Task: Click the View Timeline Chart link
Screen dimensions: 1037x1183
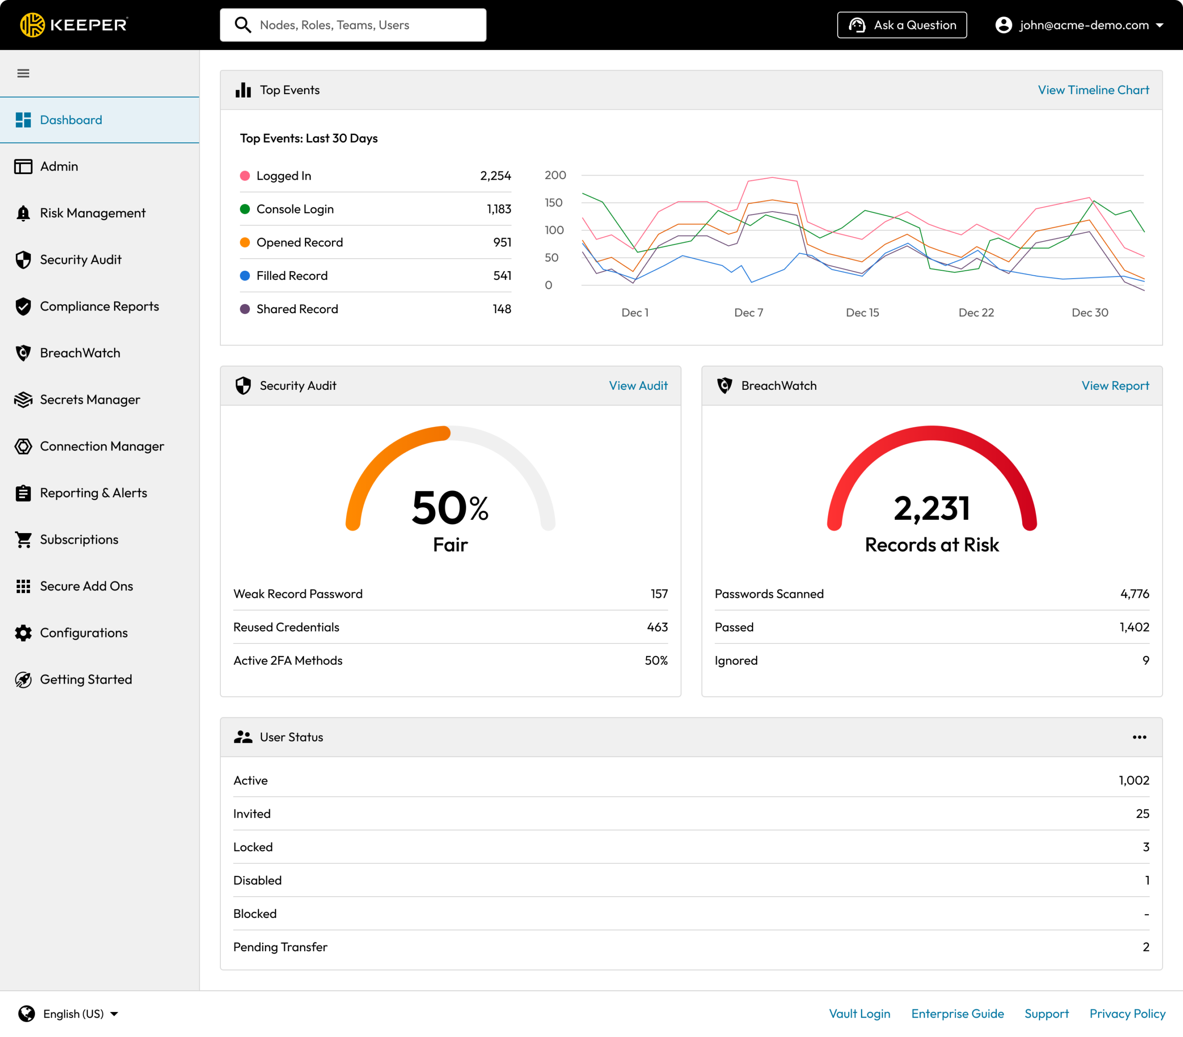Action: pyautogui.click(x=1093, y=90)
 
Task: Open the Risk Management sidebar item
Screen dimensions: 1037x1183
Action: pyautogui.click(x=92, y=213)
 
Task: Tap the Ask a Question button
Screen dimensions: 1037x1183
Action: pyautogui.click(x=901, y=25)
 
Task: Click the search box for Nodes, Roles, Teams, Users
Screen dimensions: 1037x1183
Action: pyautogui.click(x=353, y=25)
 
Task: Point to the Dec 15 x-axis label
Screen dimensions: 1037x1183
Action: pyautogui.click(x=862, y=313)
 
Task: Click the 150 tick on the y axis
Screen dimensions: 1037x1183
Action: pyautogui.click(x=553, y=202)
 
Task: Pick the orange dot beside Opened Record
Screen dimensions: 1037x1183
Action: pyautogui.click(x=245, y=243)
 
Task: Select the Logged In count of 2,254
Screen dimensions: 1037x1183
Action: pyautogui.click(x=495, y=176)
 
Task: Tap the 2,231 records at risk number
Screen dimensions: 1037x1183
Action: pyautogui.click(x=931, y=509)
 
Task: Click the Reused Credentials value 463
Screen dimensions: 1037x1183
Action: pyautogui.click(x=657, y=627)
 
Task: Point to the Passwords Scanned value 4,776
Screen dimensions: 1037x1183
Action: pyautogui.click(x=1134, y=594)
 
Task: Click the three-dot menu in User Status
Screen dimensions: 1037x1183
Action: pyautogui.click(x=1139, y=737)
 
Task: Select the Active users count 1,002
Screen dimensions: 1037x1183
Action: pyautogui.click(x=1133, y=781)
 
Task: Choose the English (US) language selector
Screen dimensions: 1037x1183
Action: pyautogui.click(x=69, y=1014)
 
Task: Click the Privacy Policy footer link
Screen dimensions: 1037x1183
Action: pyautogui.click(x=1127, y=1014)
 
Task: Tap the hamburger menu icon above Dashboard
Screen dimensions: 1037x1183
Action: pyautogui.click(x=23, y=73)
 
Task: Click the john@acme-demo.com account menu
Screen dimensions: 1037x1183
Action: pyautogui.click(x=1079, y=25)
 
